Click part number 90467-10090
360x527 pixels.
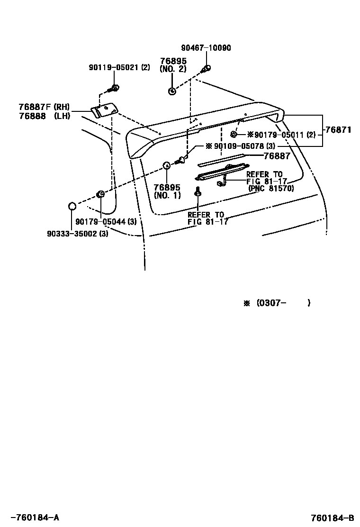206,48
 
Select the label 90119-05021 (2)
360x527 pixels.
119,68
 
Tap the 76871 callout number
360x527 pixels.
338,129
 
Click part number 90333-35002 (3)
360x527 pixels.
78,233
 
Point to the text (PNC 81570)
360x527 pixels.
271,188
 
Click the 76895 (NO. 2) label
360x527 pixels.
173,65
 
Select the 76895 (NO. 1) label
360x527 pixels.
167,191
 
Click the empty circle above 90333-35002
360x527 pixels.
72,206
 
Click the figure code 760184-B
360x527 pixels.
332,518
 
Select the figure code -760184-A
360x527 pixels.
35,518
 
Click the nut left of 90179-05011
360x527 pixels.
234,135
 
